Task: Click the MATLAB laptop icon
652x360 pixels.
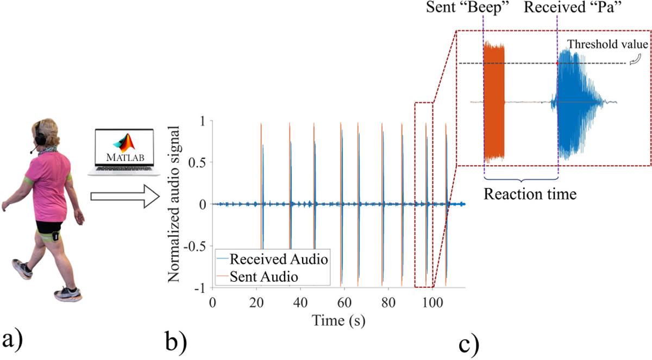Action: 124,153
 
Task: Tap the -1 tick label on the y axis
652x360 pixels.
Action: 199,288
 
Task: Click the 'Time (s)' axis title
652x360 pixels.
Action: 338,320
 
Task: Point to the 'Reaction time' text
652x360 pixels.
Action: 530,194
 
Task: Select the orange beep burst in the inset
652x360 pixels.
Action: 494,102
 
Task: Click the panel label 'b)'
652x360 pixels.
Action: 176,343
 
